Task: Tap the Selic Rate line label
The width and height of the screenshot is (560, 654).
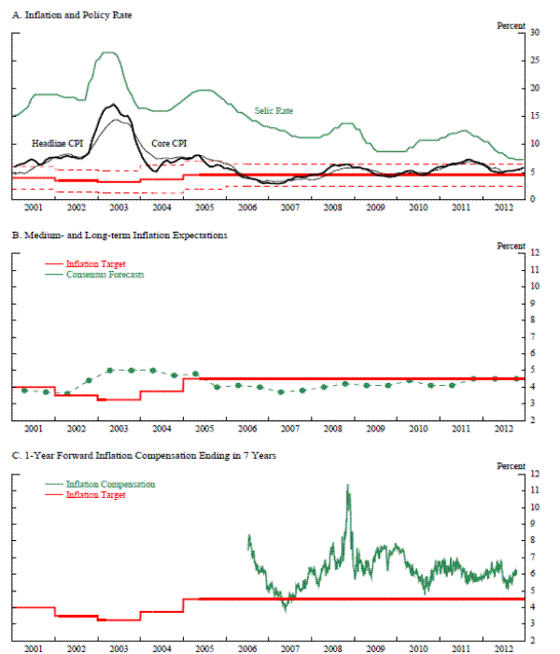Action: pyautogui.click(x=273, y=110)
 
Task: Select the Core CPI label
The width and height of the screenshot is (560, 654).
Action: pyautogui.click(x=171, y=143)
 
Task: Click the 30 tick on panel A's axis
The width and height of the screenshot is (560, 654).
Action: pyautogui.click(x=535, y=33)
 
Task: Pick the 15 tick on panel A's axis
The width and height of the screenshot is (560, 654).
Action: pyautogui.click(x=535, y=116)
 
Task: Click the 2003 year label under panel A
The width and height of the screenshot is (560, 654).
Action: pyautogui.click(x=119, y=206)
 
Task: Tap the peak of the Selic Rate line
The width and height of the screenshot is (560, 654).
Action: pyautogui.click(x=108, y=52)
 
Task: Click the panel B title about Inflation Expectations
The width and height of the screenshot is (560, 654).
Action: pyautogui.click(x=119, y=235)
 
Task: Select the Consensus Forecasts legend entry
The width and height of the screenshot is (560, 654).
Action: pyautogui.click(x=104, y=275)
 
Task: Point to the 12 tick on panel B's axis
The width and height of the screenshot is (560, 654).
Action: pyautogui.click(x=535, y=253)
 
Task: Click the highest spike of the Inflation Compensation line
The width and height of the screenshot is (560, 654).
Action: pyautogui.click(x=348, y=486)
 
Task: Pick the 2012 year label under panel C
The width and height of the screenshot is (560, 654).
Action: pyautogui.click(x=502, y=647)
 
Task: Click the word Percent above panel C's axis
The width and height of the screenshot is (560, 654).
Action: pyautogui.click(x=510, y=465)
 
